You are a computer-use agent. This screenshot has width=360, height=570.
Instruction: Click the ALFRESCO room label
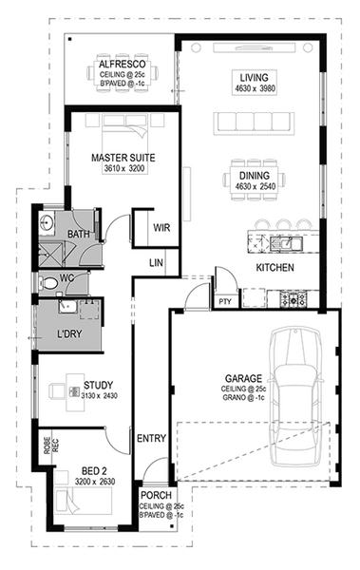pyautogui.click(x=123, y=65)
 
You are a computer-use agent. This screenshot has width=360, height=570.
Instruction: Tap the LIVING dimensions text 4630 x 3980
pyautogui.click(x=255, y=88)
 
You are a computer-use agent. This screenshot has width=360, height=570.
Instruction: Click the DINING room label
pyautogui.click(x=255, y=176)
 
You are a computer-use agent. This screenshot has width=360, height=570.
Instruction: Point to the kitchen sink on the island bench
pyautogui.click(x=287, y=243)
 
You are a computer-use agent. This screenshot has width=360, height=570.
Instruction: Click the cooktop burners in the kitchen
pyautogui.click(x=294, y=299)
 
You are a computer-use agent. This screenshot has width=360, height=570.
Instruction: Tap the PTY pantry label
pyautogui.click(x=225, y=302)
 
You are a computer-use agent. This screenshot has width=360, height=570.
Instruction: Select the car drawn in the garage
pyautogui.click(x=296, y=396)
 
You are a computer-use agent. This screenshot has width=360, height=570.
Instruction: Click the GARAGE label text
pyautogui.click(x=243, y=378)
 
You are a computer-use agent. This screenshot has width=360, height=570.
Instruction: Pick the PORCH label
pyautogui.click(x=156, y=495)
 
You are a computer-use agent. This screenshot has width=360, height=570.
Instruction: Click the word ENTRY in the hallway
pyautogui.click(x=151, y=438)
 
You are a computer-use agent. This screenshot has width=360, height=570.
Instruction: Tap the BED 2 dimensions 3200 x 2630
pyautogui.click(x=95, y=482)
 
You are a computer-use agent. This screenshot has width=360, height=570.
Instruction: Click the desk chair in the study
pyautogui.click(x=57, y=390)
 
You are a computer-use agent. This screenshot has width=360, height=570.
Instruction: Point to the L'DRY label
pyautogui.click(x=69, y=333)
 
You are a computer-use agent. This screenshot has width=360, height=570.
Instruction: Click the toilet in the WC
pyautogui.click(x=48, y=282)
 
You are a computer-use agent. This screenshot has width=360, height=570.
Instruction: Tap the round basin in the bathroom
pyautogui.click(x=47, y=220)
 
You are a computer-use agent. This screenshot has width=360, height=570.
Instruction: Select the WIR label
pyautogui.click(x=161, y=228)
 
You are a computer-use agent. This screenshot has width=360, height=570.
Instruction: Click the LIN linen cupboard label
pyautogui.click(x=156, y=262)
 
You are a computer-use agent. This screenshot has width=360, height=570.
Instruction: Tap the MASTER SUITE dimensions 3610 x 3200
pyautogui.click(x=124, y=168)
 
